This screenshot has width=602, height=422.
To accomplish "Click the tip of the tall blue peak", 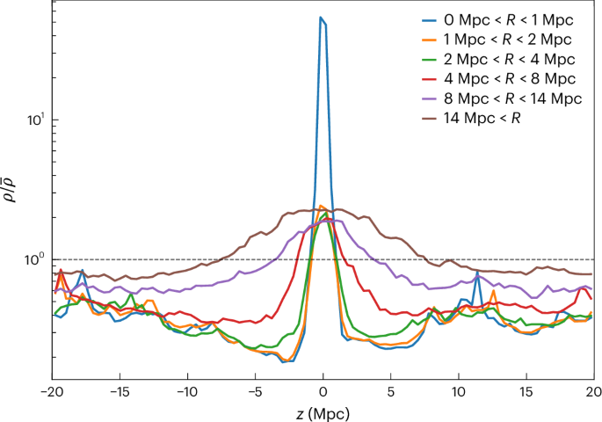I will tap(322, 18).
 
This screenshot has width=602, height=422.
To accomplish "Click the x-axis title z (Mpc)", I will tap(323, 410).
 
